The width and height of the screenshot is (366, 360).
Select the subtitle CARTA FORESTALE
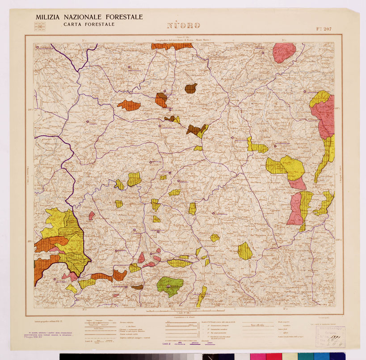click(88, 24)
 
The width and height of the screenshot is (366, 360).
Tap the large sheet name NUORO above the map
click(183, 25)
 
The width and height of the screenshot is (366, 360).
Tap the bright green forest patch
click(169, 286)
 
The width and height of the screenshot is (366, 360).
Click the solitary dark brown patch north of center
click(191, 88)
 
